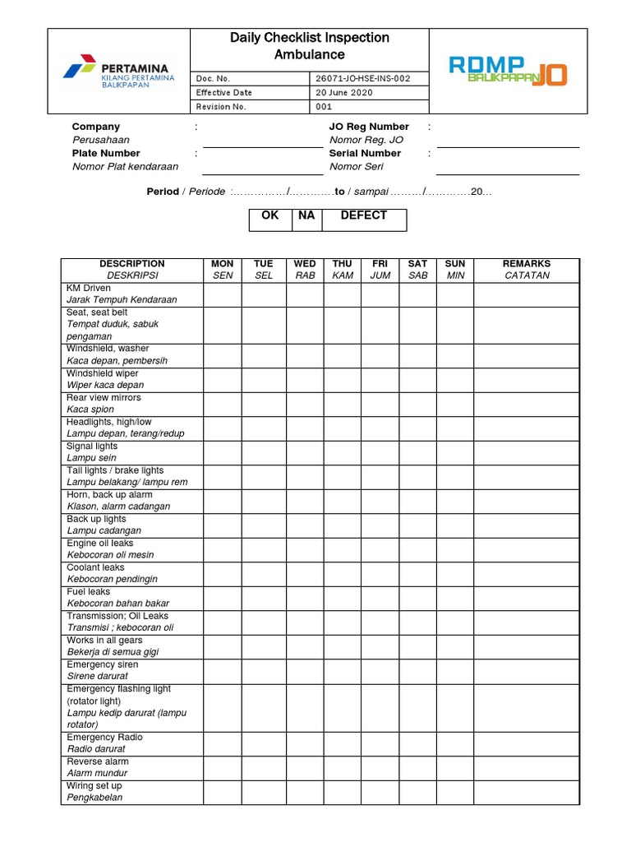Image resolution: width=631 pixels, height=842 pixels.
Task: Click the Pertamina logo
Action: pyautogui.click(x=118, y=72)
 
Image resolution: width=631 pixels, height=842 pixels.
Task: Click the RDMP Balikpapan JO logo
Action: pyautogui.click(x=508, y=71)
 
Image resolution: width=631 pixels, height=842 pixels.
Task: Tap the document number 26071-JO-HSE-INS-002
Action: pyautogui.click(x=361, y=79)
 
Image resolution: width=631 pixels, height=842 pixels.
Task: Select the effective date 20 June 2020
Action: pyautogui.click(x=344, y=93)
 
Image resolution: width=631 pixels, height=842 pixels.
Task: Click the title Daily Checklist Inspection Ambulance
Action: pyautogui.click(x=309, y=46)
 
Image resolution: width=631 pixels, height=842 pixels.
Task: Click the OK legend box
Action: pyautogui.click(x=269, y=220)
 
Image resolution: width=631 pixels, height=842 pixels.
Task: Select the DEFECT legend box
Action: pyautogui.click(x=363, y=220)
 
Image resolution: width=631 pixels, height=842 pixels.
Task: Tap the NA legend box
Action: pyautogui.click(x=306, y=220)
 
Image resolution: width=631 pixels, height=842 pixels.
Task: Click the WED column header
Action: pyautogui.click(x=305, y=270)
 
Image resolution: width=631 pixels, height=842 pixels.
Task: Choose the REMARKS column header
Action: pyautogui.click(x=526, y=270)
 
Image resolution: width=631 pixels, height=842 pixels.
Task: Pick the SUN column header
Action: pyautogui.click(x=454, y=270)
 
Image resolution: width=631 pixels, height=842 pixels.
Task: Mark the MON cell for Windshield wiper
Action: pyautogui.click(x=223, y=379)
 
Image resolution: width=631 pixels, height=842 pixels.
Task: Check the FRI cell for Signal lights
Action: pyautogui.click(x=380, y=452)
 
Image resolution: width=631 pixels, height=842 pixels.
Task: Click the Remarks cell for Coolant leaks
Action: pyautogui.click(x=526, y=573)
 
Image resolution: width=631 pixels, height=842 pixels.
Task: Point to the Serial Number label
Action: pyautogui.click(x=365, y=153)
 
